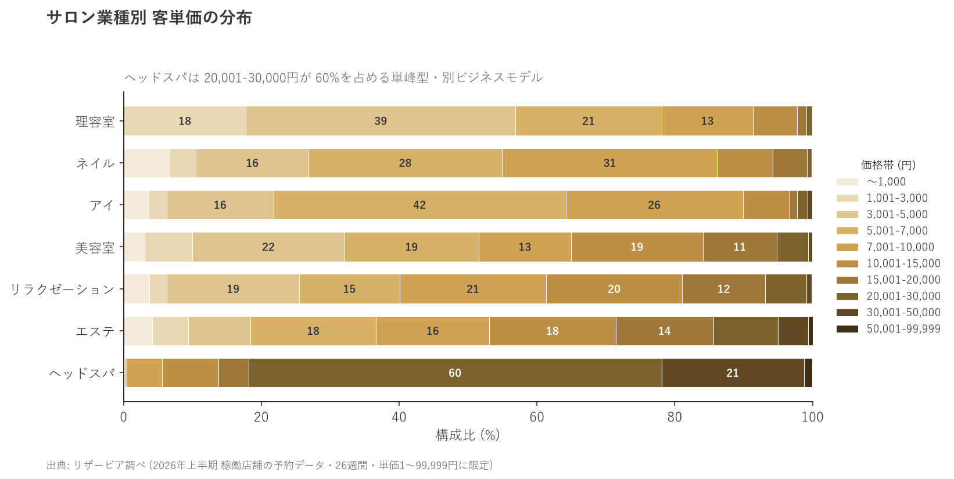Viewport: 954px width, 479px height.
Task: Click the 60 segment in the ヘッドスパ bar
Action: [456, 373]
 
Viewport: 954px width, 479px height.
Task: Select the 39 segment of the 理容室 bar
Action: [381, 121]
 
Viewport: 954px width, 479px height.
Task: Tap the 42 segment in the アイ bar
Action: [420, 205]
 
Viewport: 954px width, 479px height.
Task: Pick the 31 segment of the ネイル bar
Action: [610, 163]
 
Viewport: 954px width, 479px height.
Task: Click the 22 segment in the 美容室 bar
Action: [269, 246]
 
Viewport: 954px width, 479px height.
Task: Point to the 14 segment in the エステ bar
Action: [665, 331]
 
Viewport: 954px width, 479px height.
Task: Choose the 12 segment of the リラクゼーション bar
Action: [723, 289]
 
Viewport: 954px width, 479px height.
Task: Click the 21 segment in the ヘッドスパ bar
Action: [733, 373]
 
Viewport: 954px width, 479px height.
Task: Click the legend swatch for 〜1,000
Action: [847, 182]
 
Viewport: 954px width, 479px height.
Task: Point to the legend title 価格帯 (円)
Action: [888, 165]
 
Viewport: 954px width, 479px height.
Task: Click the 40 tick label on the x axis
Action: [399, 417]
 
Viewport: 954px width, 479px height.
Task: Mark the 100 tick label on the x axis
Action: [812, 417]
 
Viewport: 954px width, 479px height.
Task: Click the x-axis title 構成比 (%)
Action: [468, 435]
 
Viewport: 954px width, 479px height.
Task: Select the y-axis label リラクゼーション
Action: [62, 289]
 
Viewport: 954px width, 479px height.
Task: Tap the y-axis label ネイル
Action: [95, 163]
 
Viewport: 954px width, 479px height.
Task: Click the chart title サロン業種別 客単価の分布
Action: [149, 17]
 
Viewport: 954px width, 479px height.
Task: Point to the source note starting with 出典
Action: [270, 465]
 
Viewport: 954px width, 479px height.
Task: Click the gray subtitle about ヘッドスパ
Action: [333, 77]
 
